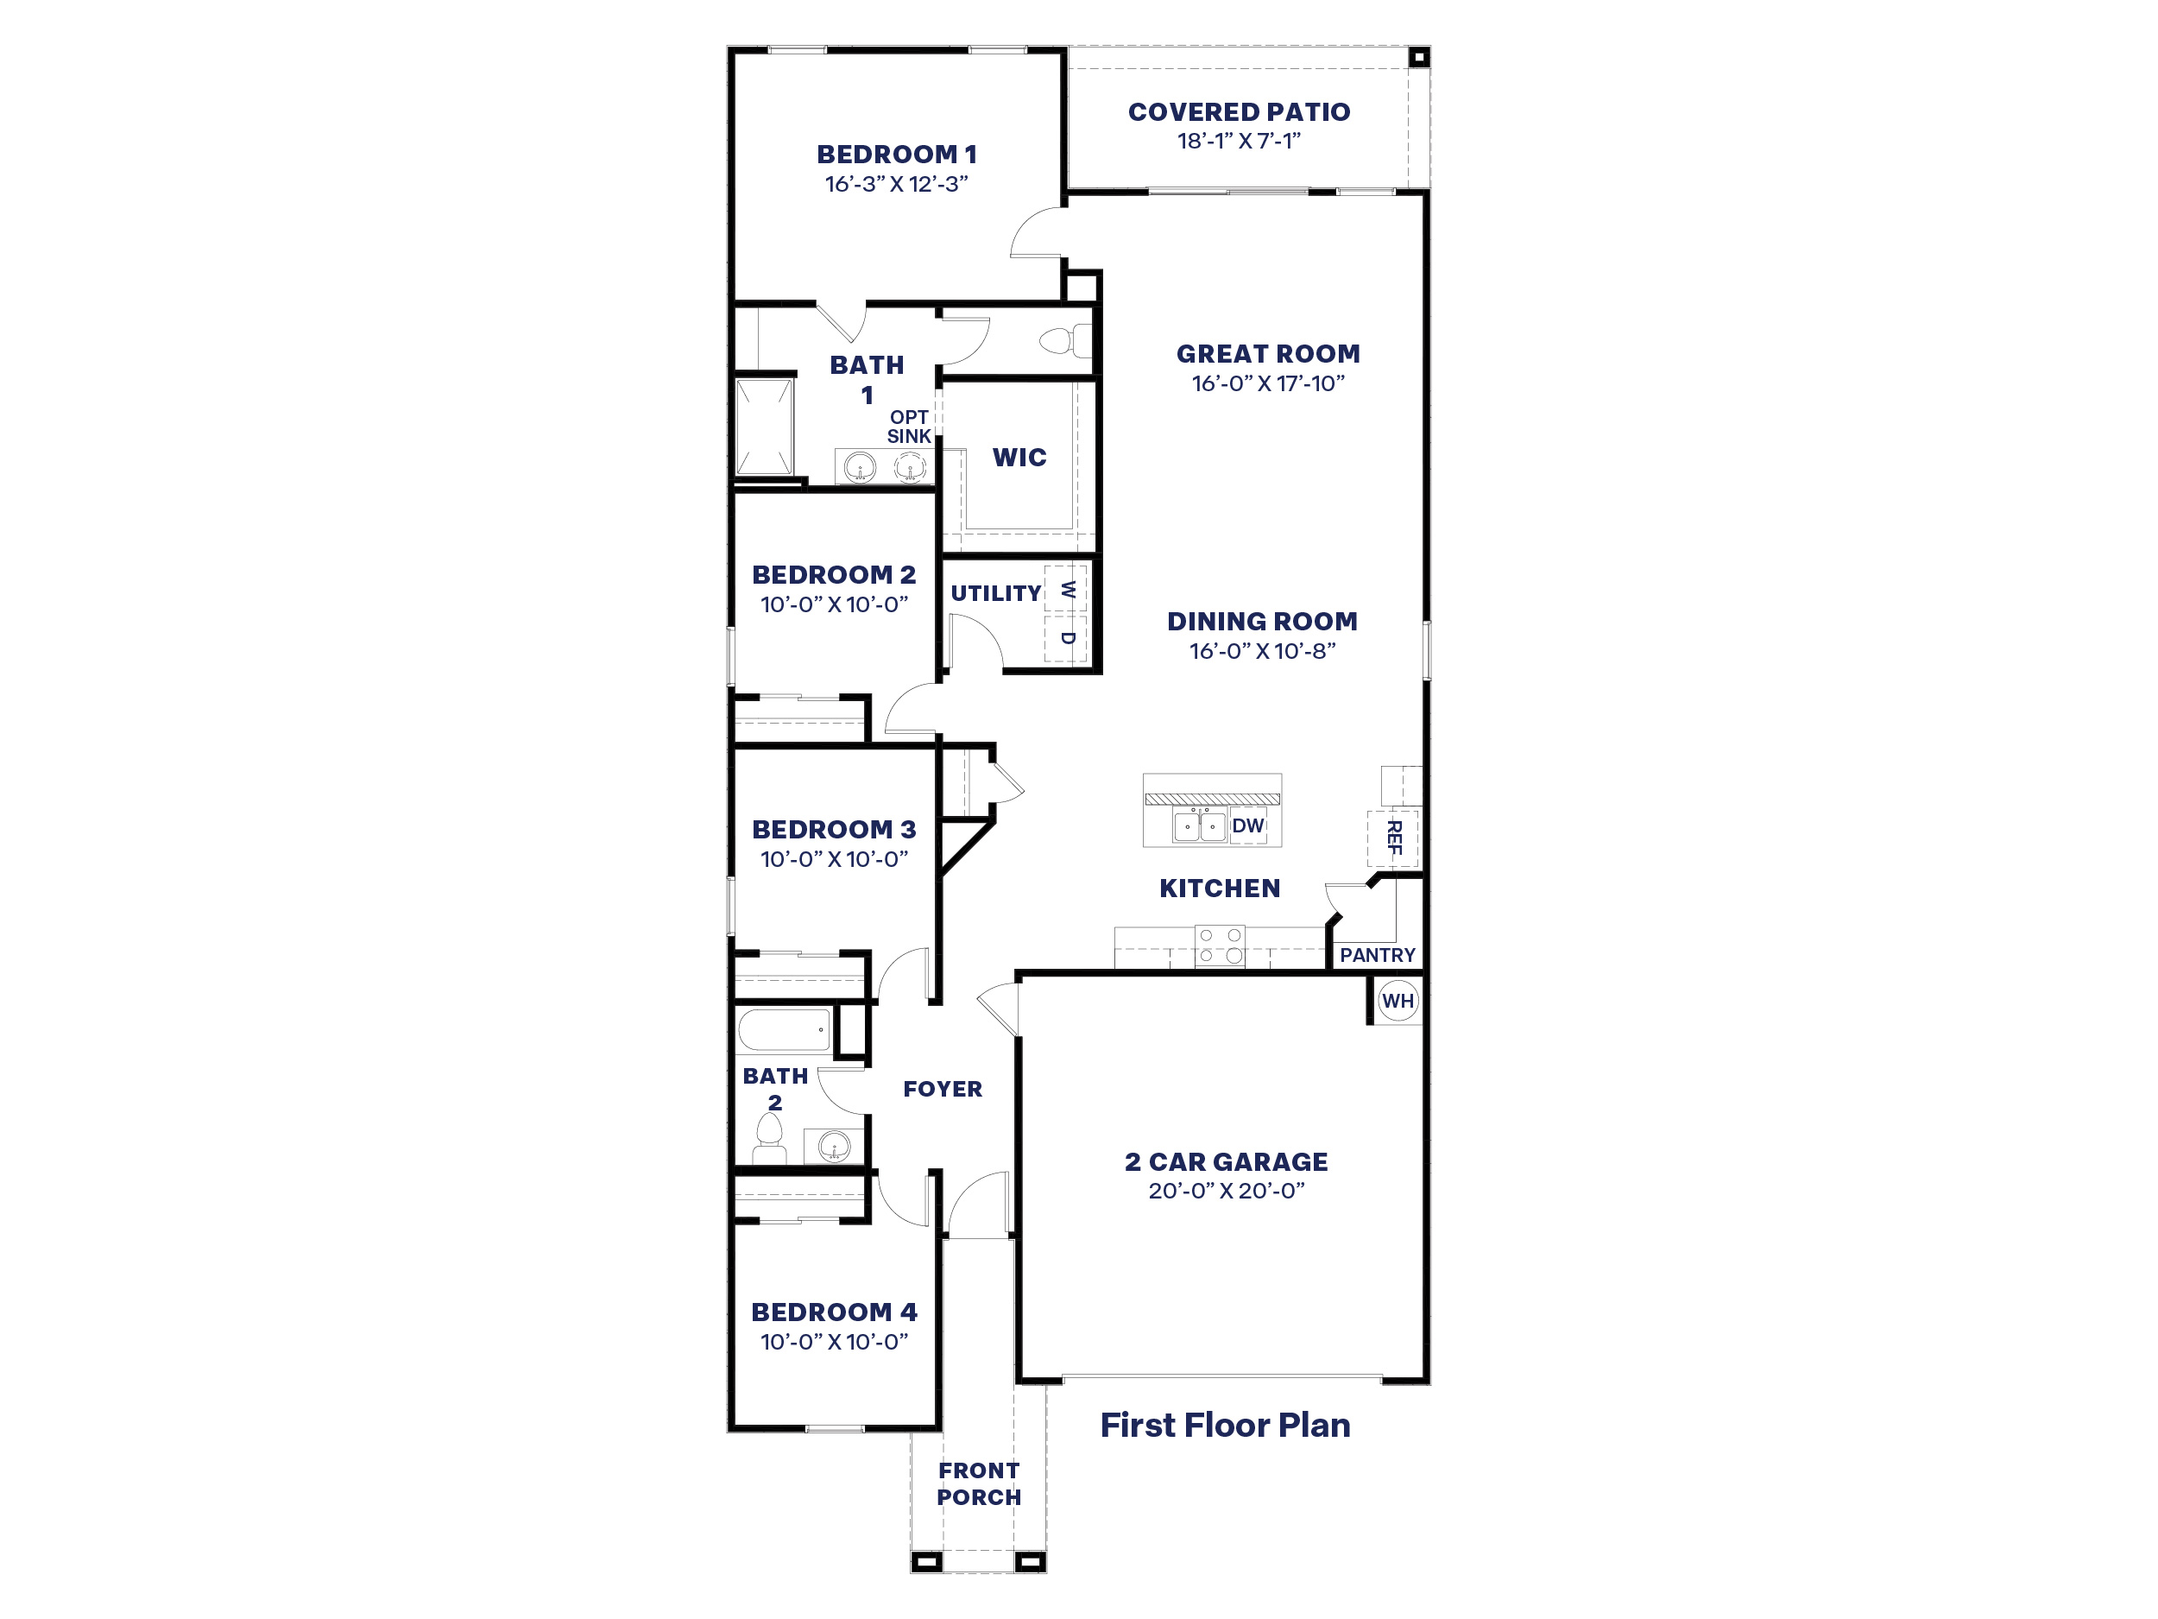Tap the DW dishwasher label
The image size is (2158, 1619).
tap(1248, 825)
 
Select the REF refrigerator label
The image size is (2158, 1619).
tap(1394, 838)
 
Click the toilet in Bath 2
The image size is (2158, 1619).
tap(770, 1139)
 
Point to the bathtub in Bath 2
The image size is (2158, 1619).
tap(785, 1029)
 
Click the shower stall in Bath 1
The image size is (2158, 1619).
tap(764, 427)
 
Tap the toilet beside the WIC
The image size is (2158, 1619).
tap(1064, 340)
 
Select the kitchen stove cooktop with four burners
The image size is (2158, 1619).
tap(1220, 945)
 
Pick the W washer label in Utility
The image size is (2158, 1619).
tap(1067, 590)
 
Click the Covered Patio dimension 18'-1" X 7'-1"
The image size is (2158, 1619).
tap(1239, 142)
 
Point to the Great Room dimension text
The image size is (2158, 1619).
tap(1267, 383)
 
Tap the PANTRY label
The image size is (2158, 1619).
tap(1377, 955)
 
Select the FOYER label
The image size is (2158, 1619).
tap(943, 1089)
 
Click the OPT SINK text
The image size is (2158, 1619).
tap(909, 427)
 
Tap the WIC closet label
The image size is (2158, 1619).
tap(1019, 458)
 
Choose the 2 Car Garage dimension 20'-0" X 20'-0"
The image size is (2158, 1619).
tap(1226, 1191)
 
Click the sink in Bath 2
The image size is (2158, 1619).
tap(833, 1146)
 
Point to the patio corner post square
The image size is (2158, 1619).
tap(1419, 58)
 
